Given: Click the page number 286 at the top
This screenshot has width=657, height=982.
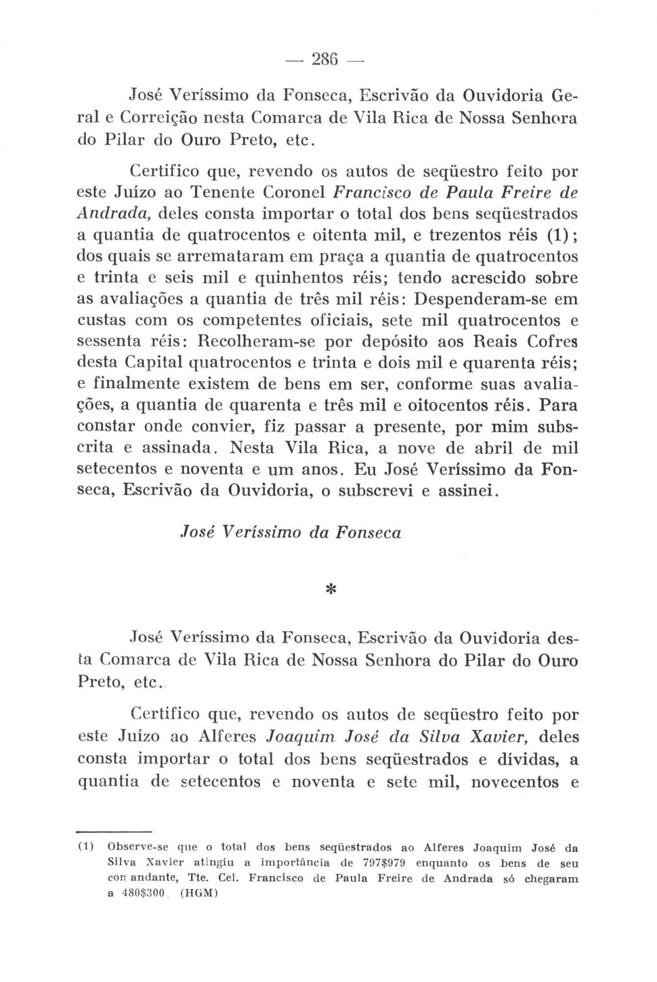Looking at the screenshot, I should coord(328,60).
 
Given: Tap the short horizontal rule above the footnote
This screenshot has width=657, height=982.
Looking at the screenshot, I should coord(113,831).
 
